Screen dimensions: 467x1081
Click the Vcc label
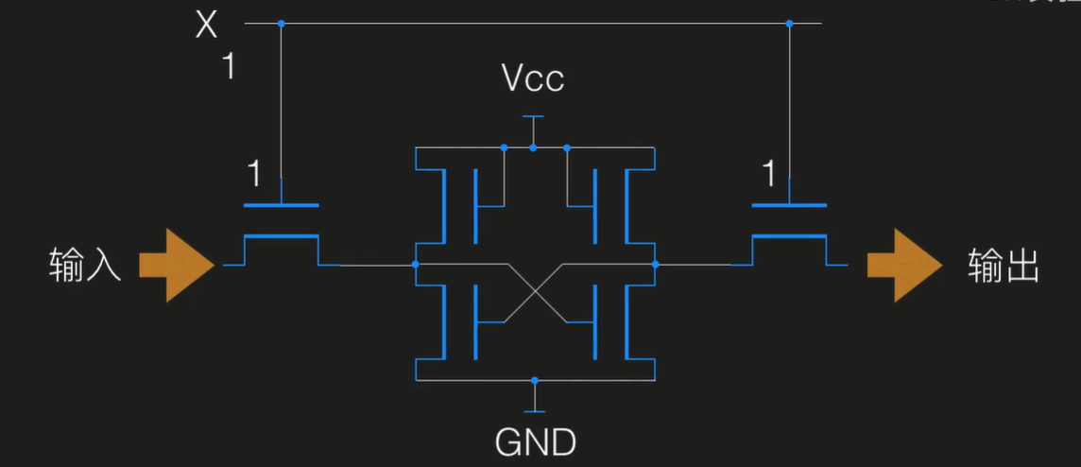click(x=533, y=78)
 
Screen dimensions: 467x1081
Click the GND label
click(x=535, y=441)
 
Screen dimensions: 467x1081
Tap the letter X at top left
click(x=206, y=25)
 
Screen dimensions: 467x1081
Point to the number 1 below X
click(x=229, y=68)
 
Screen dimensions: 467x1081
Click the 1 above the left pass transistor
click(x=253, y=175)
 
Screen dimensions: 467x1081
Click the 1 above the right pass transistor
click(x=769, y=175)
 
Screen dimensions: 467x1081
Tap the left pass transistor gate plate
click(x=281, y=204)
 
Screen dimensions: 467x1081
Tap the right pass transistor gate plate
click(x=789, y=204)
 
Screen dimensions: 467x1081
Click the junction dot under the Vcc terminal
click(x=534, y=147)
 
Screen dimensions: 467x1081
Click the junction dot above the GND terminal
click(x=535, y=380)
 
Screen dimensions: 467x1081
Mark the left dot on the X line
click(x=281, y=23)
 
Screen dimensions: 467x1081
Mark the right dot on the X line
click(x=789, y=23)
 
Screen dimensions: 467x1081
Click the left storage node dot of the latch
click(x=416, y=265)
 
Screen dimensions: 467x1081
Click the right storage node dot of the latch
click(x=654, y=265)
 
